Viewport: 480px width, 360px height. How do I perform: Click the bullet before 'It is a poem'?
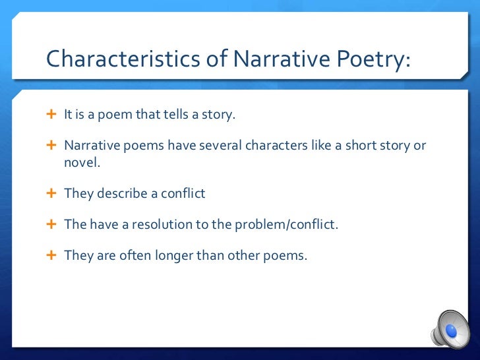[53, 115]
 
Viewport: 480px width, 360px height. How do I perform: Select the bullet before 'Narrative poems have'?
[53, 145]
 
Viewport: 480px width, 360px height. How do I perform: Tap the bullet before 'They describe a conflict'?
[53, 193]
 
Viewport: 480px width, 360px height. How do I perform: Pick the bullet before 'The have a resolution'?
[53, 224]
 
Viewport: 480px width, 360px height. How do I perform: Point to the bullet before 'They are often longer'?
[53, 255]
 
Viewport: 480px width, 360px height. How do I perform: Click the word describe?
[121, 193]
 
